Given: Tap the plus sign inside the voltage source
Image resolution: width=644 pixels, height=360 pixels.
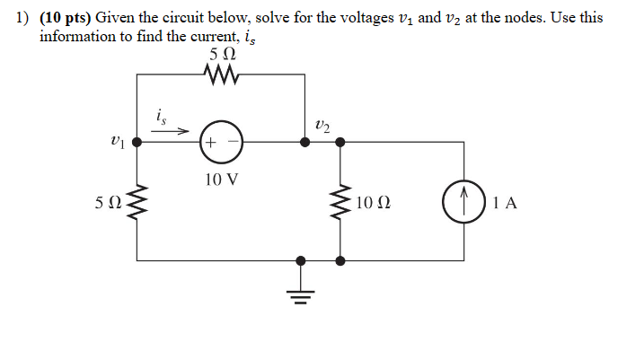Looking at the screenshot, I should click(x=211, y=143).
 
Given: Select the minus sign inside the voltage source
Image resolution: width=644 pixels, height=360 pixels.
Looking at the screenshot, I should click(x=233, y=143).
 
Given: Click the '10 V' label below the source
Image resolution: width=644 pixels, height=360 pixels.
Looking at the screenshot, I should click(x=221, y=179).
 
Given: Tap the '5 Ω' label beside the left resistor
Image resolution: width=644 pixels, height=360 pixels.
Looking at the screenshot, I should click(x=107, y=203).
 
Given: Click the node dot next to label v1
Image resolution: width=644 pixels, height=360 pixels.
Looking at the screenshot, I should click(x=136, y=142).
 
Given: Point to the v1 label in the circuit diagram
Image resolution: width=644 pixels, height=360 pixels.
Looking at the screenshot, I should click(x=114, y=141).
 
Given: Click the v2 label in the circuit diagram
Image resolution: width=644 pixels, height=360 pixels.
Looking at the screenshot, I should click(x=322, y=125).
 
